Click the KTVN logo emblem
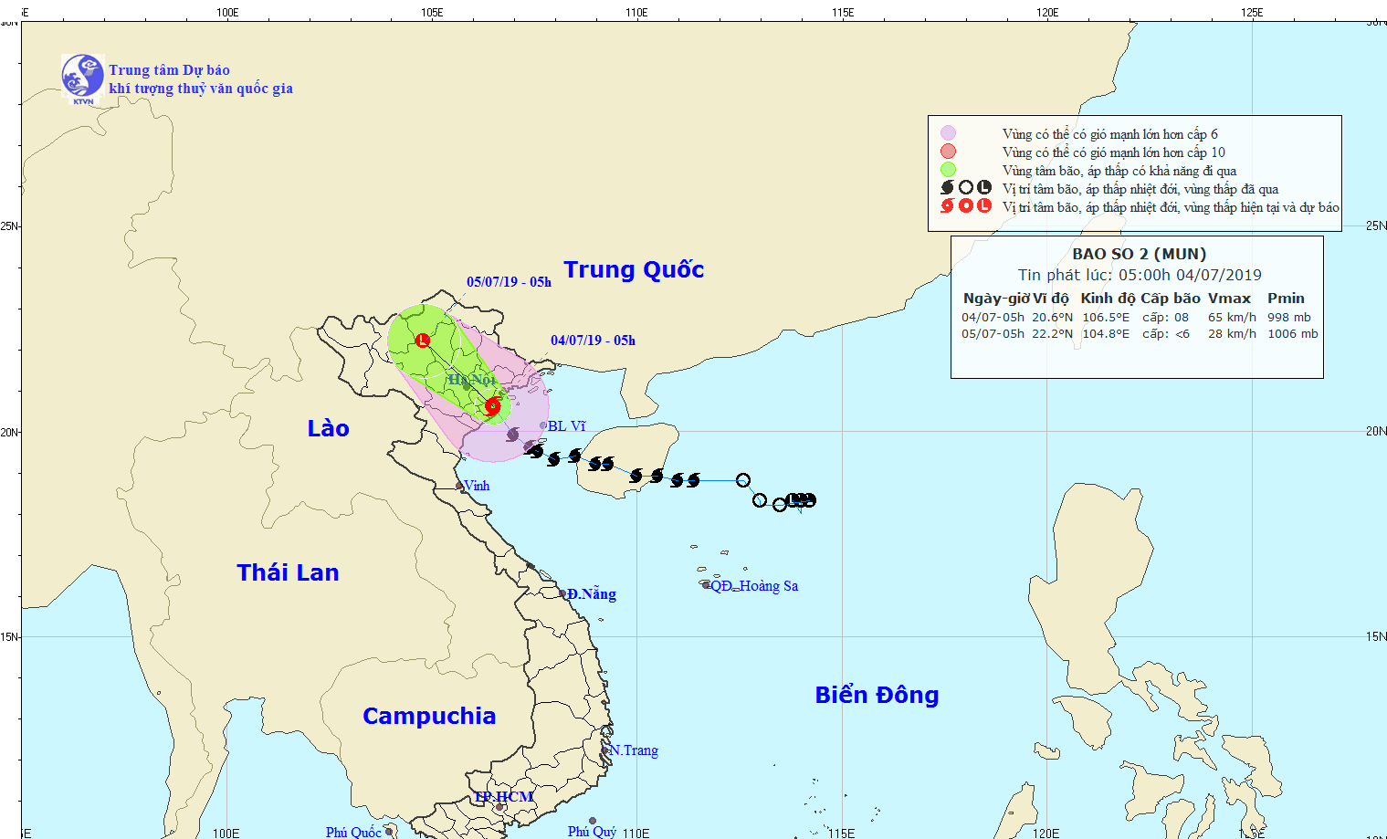click(x=82, y=77)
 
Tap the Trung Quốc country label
click(x=634, y=270)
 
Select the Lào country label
click(x=328, y=429)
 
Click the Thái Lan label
click(x=288, y=572)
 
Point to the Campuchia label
click(x=429, y=716)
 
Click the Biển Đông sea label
click(x=877, y=696)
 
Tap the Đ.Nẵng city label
click(x=591, y=594)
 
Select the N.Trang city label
click(x=633, y=750)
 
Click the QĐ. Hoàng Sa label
click(x=754, y=586)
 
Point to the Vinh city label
click(x=477, y=486)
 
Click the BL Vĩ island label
click(x=566, y=426)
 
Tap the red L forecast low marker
click(x=422, y=341)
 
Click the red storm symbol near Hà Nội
click(x=492, y=406)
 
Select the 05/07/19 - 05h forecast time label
click(x=509, y=282)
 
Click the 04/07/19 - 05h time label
click(x=593, y=341)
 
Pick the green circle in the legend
click(x=948, y=170)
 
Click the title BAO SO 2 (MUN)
click(x=1139, y=255)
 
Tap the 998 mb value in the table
click(x=1288, y=318)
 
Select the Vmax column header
click(x=1229, y=299)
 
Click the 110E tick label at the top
click(x=636, y=12)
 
